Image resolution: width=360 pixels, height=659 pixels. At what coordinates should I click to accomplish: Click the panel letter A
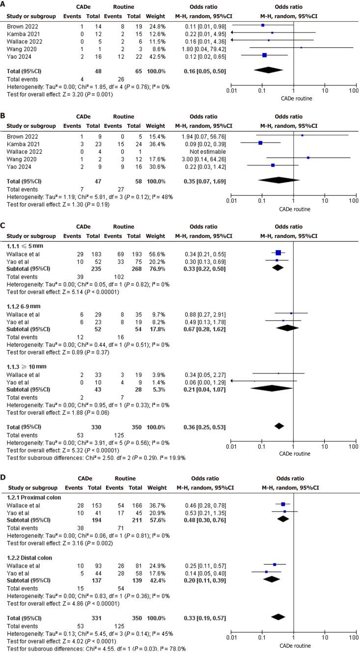point(3,3)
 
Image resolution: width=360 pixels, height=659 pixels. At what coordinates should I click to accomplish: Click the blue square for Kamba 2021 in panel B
point(260,143)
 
